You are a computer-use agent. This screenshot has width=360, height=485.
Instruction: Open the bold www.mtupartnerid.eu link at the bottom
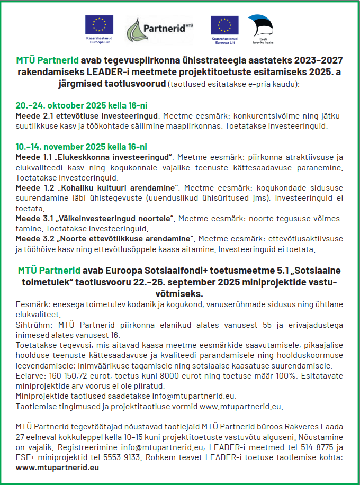57,468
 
